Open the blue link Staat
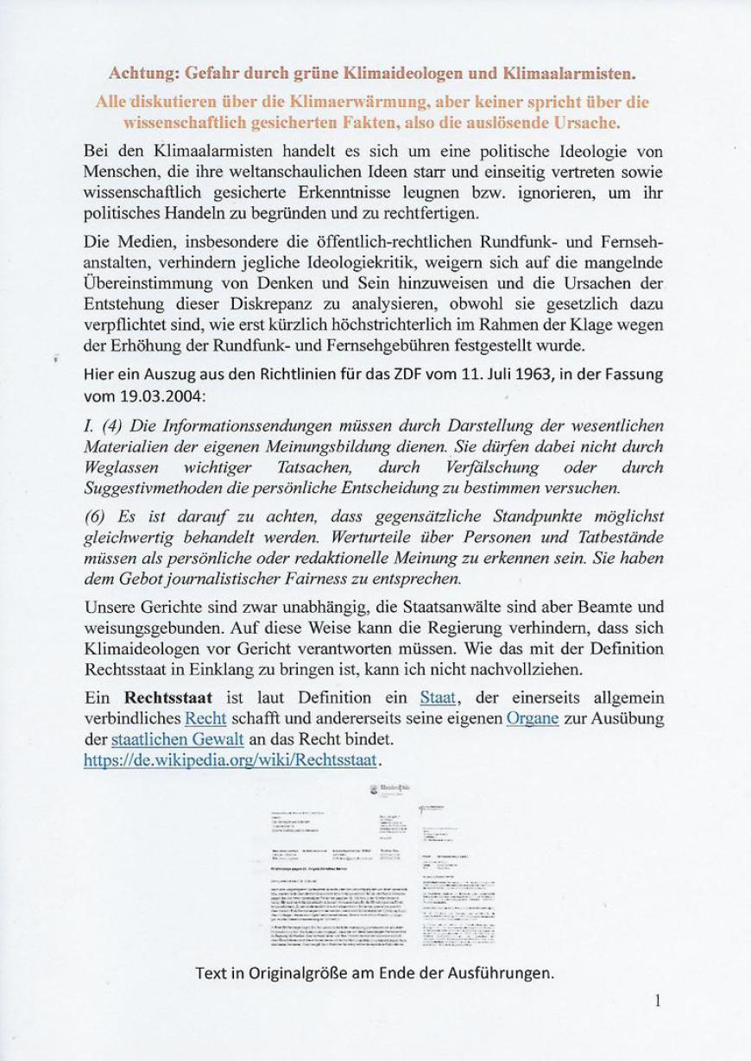[x=438, y=698]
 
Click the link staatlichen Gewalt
[x=177, y=739]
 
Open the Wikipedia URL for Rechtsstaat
[x=230, y=760]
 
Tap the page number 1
[x=658, y=1001]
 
